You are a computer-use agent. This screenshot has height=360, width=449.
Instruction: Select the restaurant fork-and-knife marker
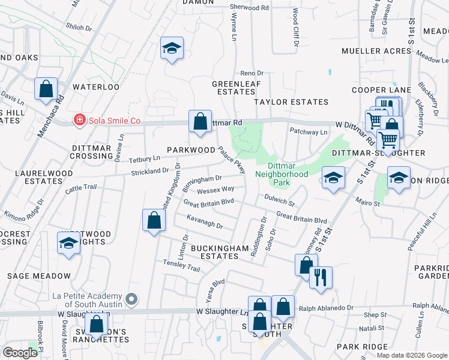(321, 277)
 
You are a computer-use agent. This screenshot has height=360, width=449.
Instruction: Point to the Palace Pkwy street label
(232, 161)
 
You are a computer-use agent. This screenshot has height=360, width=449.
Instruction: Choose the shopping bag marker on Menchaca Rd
(46, 89)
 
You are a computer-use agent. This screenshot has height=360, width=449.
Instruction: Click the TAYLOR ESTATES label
(291, 103)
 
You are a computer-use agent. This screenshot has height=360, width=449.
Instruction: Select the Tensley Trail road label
(181, 265)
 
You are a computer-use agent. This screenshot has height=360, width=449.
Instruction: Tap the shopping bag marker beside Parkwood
(200, 121)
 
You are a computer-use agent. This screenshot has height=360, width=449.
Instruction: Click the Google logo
(20, 352)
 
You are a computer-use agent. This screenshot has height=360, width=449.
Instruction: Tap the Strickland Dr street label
(149, 171)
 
